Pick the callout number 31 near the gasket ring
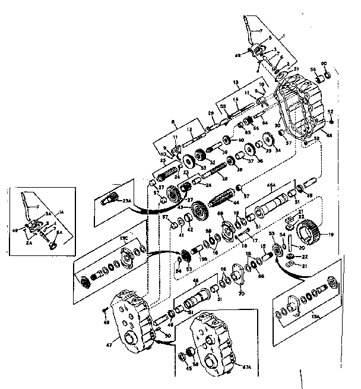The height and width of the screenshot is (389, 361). click(x=296, y=70)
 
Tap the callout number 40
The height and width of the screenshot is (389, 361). click(x=241, y=141)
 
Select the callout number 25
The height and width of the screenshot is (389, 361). click(x=163, y=161)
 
